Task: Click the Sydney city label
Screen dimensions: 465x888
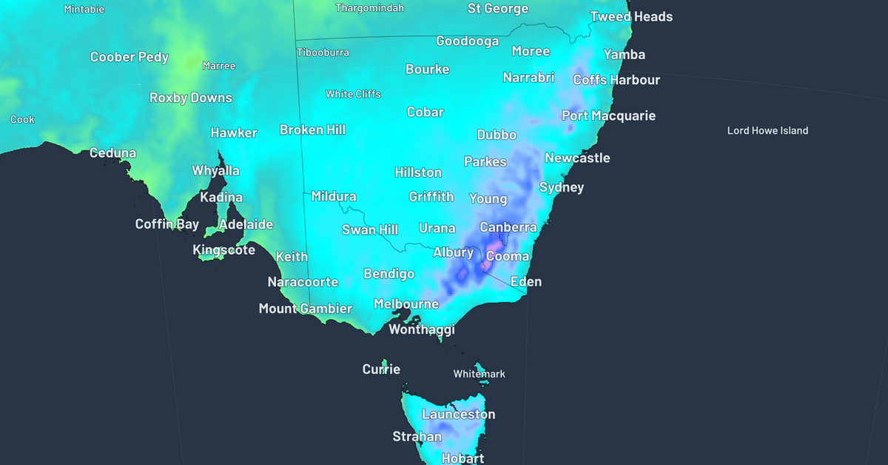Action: (x=562, y=187)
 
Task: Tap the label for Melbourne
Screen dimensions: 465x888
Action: (x=406, y=304)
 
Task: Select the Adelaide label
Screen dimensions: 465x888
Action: (x=246, y=224)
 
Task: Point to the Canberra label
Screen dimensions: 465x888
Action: (x=508, y=227)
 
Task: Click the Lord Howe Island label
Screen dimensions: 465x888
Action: (x=767, y=131)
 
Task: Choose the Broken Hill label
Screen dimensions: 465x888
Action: (x=312, y=130)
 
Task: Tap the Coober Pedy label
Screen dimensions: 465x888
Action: (x=129, y=57)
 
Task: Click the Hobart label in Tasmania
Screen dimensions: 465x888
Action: (x=462, y=458)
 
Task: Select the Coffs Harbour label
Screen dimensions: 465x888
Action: (x=616, y=80)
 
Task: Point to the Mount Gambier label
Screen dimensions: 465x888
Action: (x=306, y=309)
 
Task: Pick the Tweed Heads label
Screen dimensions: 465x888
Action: (x=631, y=16)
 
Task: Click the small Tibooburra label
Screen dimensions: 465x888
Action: (x=323, y=53)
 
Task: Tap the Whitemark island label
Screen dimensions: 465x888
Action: (x=480, y=374)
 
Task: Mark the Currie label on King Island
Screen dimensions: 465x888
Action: (x=381, y=369)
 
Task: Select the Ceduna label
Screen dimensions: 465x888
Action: (x=112, y=153)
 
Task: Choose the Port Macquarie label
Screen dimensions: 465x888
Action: (x=608, y=116)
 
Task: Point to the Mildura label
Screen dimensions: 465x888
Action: (x=334, y=197)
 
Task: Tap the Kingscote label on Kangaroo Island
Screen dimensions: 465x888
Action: (x=223, y=250)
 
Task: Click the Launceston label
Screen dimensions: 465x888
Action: (x=458, y=415)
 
